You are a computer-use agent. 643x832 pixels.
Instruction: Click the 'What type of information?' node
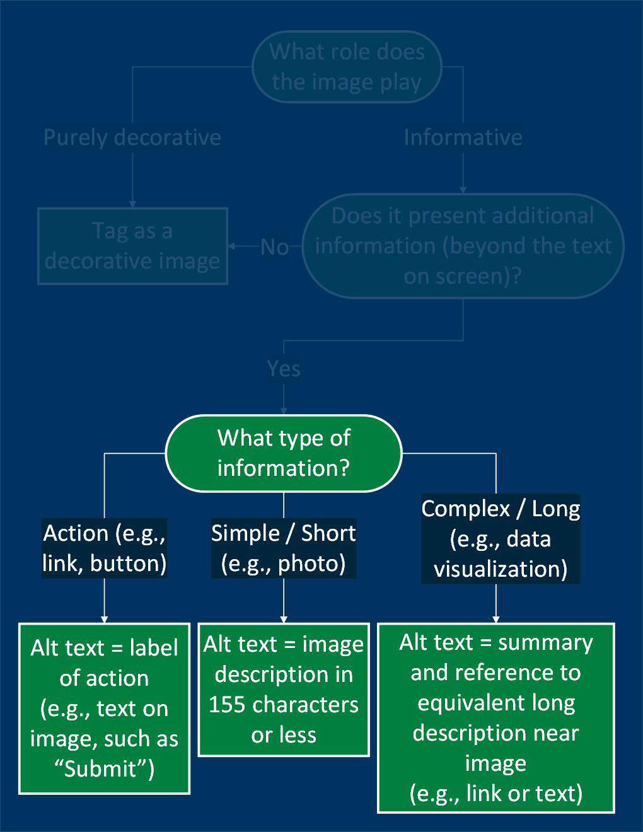click(x=283, y=453)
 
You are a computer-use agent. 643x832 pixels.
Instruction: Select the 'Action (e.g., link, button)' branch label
click(x=104, y=548)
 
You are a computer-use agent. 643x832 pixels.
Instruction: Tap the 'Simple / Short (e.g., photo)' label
click(x=283, y=548)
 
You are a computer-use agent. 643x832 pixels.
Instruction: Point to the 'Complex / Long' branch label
click(x=501, y=509)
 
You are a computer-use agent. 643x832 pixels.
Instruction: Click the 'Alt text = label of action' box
click(x=104, y=708)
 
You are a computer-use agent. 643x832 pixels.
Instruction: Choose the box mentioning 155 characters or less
click(x=283, y=689)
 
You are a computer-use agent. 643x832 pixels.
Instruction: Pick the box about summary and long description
click(x=495, y=718)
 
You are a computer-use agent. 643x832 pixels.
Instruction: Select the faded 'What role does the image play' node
click(x=346, y=67)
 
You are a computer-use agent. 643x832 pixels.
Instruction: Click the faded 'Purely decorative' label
click(x=132, y=137)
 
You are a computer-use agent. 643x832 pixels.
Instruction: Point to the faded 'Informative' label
click(x=463, y=137)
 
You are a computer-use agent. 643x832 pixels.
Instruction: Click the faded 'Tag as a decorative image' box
click(x=132, y=246)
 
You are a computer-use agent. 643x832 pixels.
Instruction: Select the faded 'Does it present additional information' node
click(x=463, y=246)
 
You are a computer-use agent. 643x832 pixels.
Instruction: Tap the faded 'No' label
click(x=274, y=247)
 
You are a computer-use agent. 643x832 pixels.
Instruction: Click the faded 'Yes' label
click(x=283, y=369)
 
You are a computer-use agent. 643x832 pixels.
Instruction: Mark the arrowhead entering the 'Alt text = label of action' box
click(x=104, y=619)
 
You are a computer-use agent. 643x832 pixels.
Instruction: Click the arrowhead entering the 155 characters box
click(x=283, y=619)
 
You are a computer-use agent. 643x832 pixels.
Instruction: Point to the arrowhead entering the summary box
click(x=495, y=619)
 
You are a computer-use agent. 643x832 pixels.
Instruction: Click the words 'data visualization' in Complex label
click(x=501, y=555)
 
